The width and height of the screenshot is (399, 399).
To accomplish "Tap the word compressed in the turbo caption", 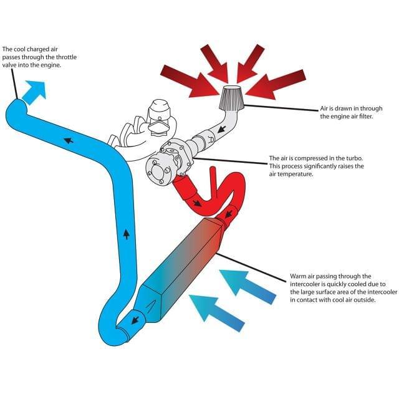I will pos(305,158).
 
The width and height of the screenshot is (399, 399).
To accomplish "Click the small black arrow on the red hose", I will pos(198,203).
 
